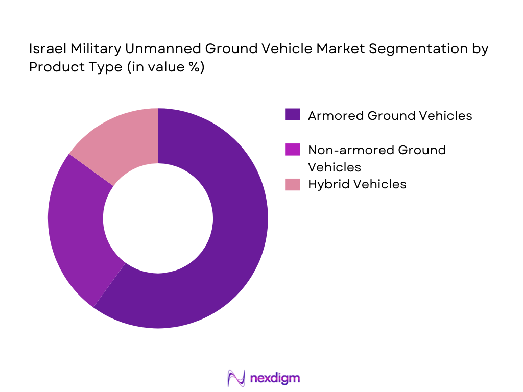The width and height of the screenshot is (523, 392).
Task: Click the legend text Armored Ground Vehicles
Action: pyautogui.click(x=390, y=116)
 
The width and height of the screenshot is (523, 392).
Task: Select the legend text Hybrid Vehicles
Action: pyautogui.click(x=357, y=184)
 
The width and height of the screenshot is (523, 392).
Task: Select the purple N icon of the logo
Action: pyautogui.click(x=235, y=378)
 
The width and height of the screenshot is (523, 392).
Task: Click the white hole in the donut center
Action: pyautogui.click(x=158, y=218)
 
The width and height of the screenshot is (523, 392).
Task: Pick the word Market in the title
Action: pyautogui.click(x=346, y=50)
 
